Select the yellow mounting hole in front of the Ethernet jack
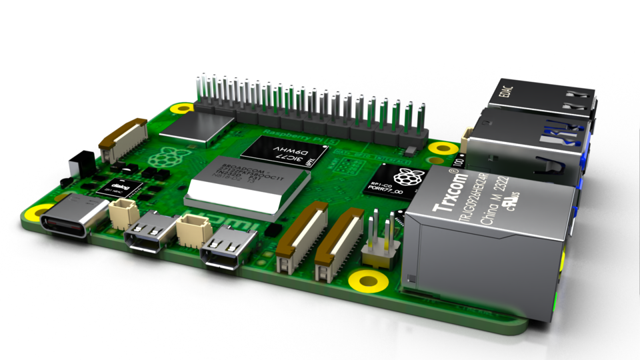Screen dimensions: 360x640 click(367, 280)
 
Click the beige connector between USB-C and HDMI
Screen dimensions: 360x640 click(121, 215)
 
